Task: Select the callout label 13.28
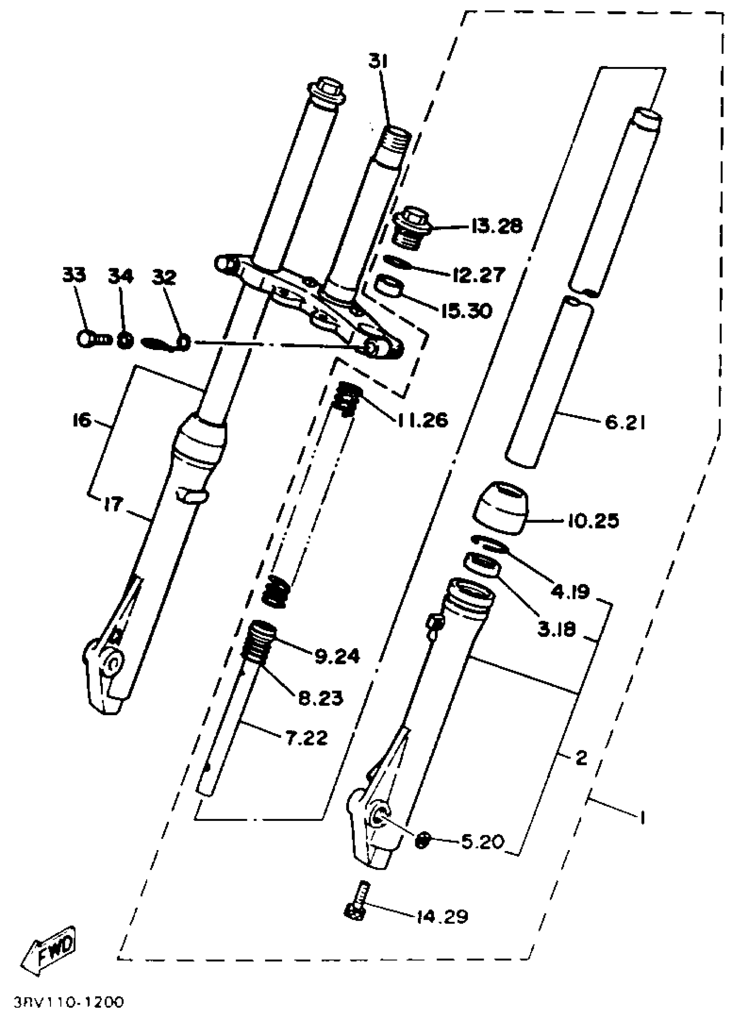click(497, 226)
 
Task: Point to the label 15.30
click(467, 310)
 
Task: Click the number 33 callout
click(74, 276)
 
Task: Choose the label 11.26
click(422, 420)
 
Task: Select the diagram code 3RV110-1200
click(68, 1002)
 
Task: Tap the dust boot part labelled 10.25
click(501, 507)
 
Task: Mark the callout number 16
click(81, 421)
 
